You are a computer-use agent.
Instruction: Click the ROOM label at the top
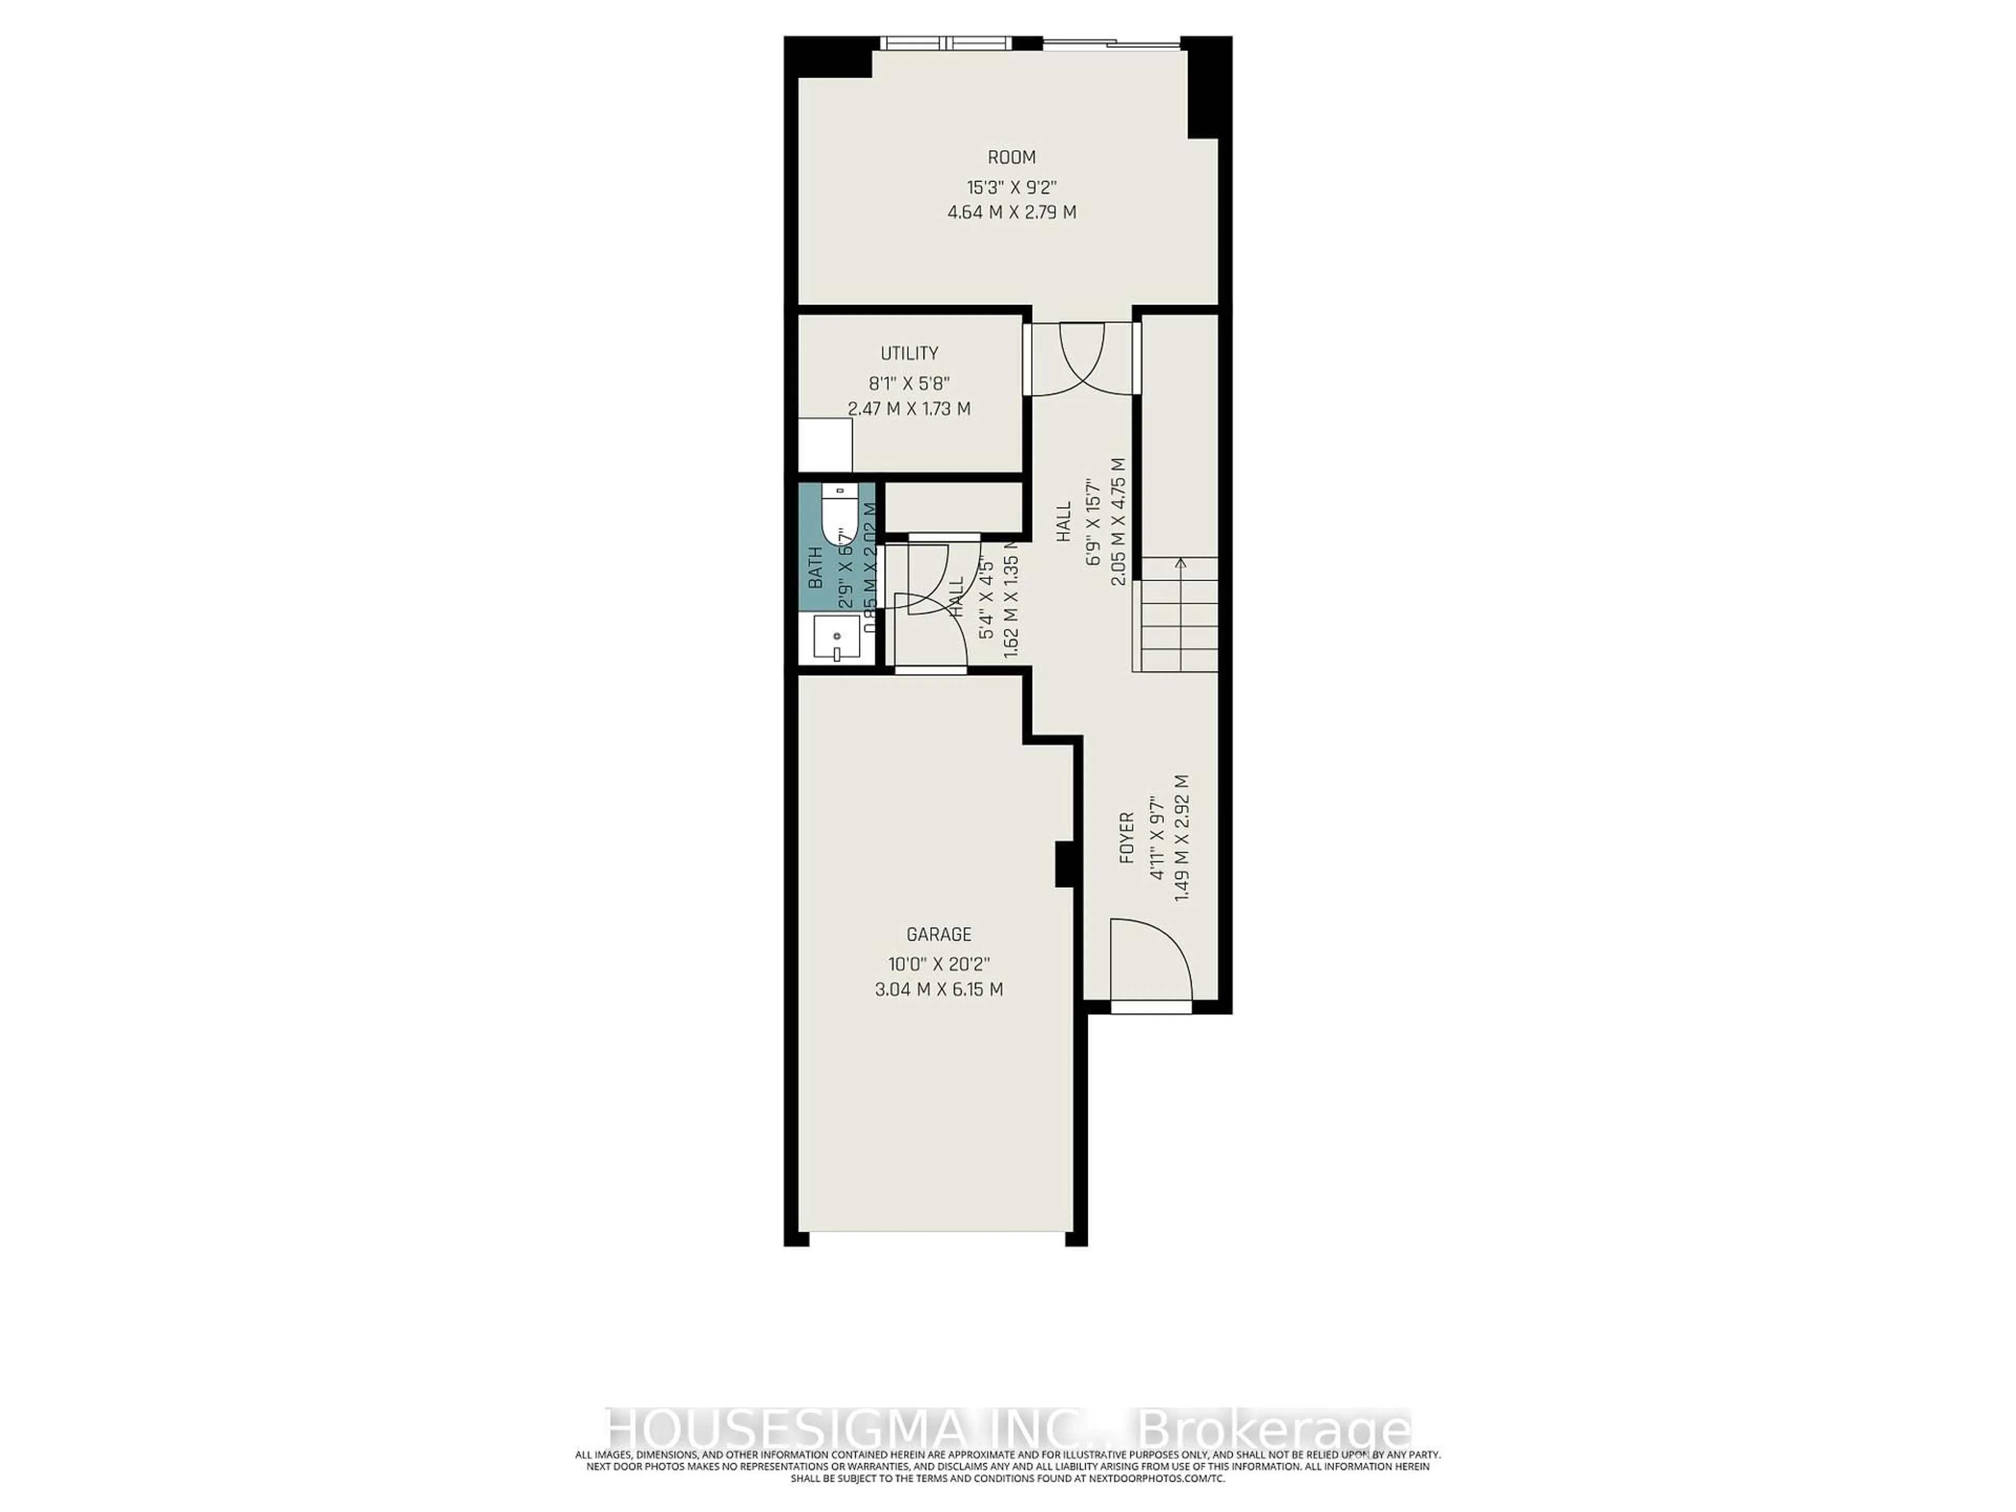coord(1012,157)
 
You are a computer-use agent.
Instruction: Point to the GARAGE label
coord(939,934)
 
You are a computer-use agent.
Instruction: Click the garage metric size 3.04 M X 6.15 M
coord(939,990)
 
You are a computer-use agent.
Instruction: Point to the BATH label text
coord(816,567)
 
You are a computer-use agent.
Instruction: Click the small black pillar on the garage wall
coord(1064,864)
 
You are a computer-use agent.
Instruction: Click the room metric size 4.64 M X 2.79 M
coord(1012,212)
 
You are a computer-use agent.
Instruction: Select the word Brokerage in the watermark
coord(1272,1454)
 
